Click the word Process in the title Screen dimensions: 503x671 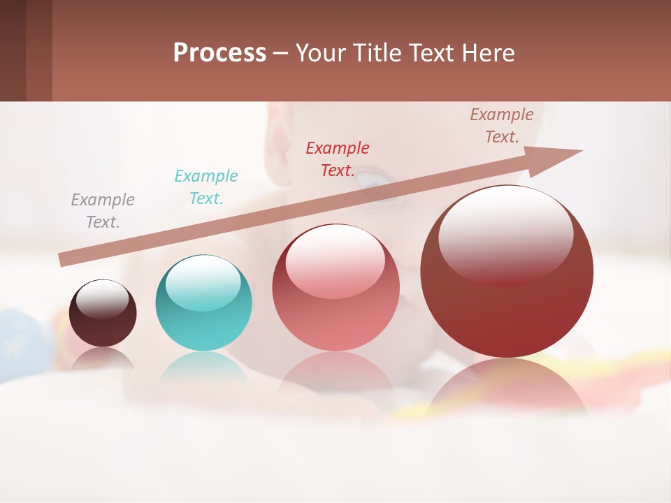[x=219, y=53]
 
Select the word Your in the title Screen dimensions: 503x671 [x=319, y=53]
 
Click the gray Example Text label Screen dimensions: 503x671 [x=103, y=211]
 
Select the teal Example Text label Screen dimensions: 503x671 [x=206, y=187]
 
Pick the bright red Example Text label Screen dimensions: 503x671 [x=338, y=159]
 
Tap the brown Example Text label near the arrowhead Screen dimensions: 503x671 [x=502, y=126]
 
